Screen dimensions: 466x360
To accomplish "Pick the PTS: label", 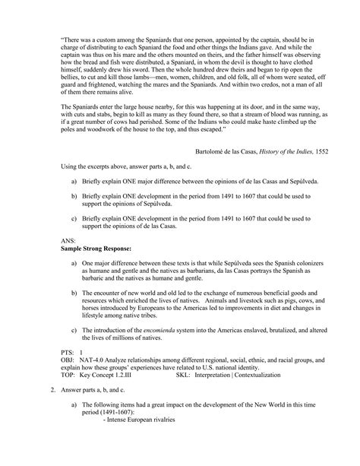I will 67,353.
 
